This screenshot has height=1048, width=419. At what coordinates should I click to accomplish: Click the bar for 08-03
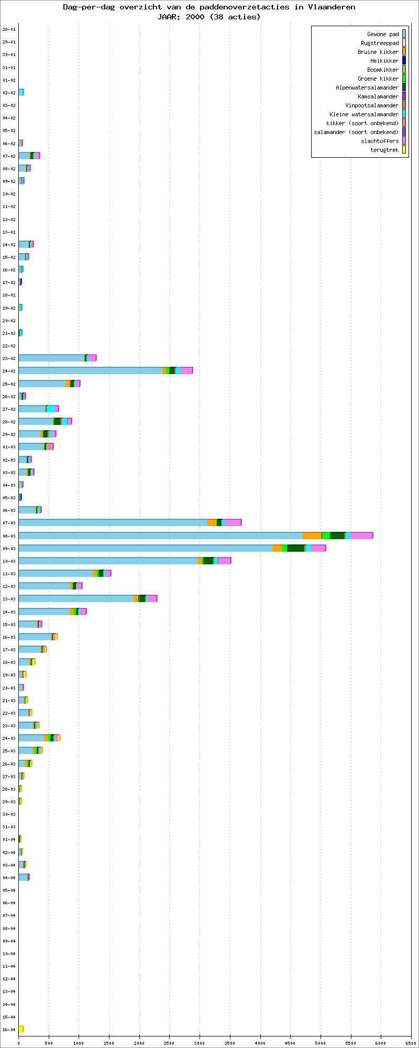point(195,536)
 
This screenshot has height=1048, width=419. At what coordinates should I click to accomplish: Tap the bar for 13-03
point(88,598)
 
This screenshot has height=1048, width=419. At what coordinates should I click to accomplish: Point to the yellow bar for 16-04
point(21,1029)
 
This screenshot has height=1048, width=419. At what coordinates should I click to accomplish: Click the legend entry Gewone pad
point(383,34)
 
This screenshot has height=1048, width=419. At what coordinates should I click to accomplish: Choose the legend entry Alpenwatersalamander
point(367,88)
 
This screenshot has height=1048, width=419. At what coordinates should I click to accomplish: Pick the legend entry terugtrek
point(384,150)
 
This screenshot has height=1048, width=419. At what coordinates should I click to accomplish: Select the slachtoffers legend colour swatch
point(404,141)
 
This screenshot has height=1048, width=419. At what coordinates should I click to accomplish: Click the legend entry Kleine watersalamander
point(364,114)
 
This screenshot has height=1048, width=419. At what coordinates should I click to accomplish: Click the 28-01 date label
point(9,29)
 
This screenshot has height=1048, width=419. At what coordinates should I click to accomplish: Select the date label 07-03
point(9,523)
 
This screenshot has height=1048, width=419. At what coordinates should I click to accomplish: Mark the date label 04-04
point(9,878)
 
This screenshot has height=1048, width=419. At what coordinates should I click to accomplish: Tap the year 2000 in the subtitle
point(195,17)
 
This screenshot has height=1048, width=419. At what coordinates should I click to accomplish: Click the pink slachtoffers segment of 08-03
point(361,536)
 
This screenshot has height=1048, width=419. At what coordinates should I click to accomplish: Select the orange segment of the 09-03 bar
point(277,548)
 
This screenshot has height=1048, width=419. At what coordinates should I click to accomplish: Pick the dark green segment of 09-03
point(295,548)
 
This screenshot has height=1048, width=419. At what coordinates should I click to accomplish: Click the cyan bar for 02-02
point(21,92)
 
